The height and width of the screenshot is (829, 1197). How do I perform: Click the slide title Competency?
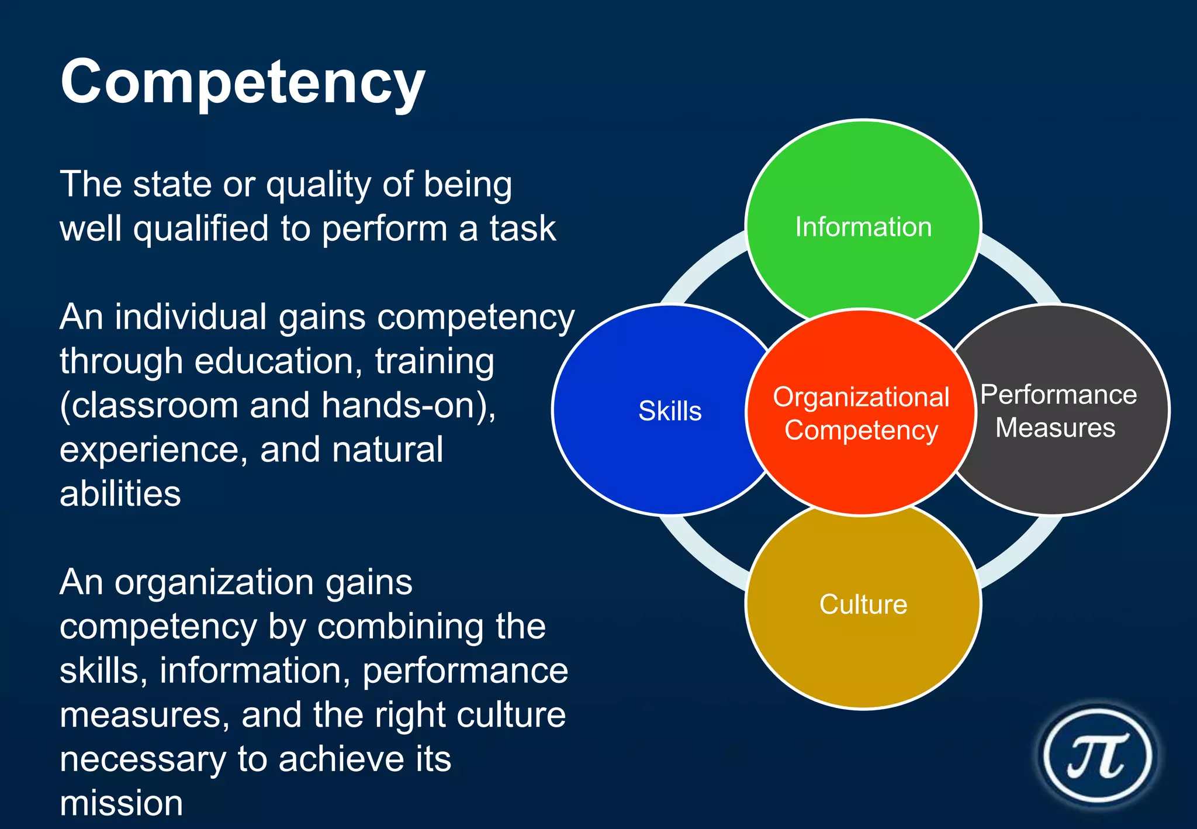pos(243,83)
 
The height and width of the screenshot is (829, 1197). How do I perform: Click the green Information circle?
pos(863,193)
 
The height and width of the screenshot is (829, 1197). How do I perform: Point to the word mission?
pos(122,803)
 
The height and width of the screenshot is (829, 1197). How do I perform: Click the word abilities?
pos(120,494)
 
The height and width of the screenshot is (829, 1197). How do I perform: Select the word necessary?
pos(143,759)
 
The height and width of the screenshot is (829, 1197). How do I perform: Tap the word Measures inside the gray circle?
pos(1055,428)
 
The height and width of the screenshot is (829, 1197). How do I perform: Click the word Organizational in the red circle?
pos(861,397)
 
